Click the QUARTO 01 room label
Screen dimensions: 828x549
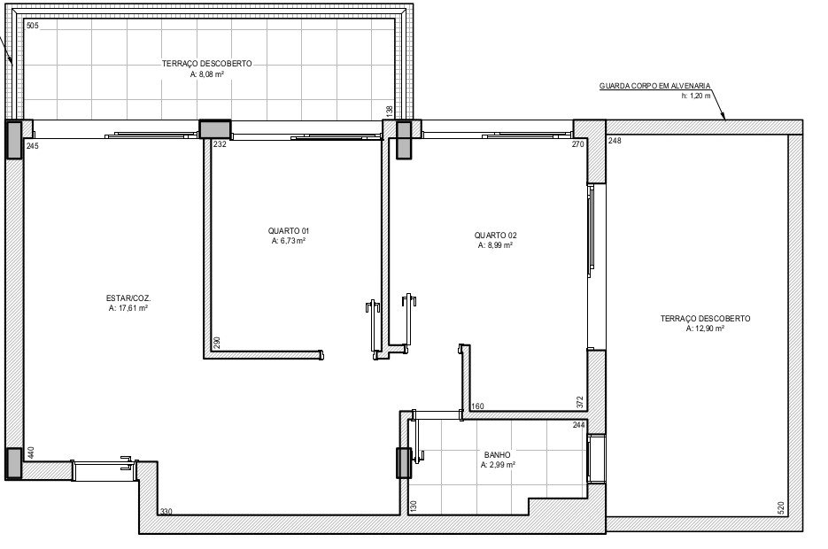tap(289, 231)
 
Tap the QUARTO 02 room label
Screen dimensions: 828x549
tap(495, 236)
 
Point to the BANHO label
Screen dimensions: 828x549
tap(498, 455)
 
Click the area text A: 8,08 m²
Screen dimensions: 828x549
tap(207, 74)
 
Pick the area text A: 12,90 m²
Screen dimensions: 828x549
tap(705, 329)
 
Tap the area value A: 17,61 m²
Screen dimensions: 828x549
tap(128, 308)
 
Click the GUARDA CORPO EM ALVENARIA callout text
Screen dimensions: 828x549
tap(654, 86)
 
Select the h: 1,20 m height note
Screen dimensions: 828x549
tap(695, 96)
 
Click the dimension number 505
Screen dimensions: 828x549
tap(32, 26)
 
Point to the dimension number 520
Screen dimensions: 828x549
tap(782, 508)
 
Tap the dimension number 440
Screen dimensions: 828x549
tap(31, 453)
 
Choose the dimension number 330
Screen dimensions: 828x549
tap(166, 512)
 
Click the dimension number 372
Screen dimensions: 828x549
tap(579, 402)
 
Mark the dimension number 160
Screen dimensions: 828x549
tap(477, 406)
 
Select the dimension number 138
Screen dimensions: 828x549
tap(390, 112)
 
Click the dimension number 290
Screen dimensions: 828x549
tap(216, 344)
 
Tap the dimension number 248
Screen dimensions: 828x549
tap(615, 141)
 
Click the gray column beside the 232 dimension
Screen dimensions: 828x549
tap(215, 129)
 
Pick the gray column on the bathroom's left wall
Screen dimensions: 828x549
tap(404, 463)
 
